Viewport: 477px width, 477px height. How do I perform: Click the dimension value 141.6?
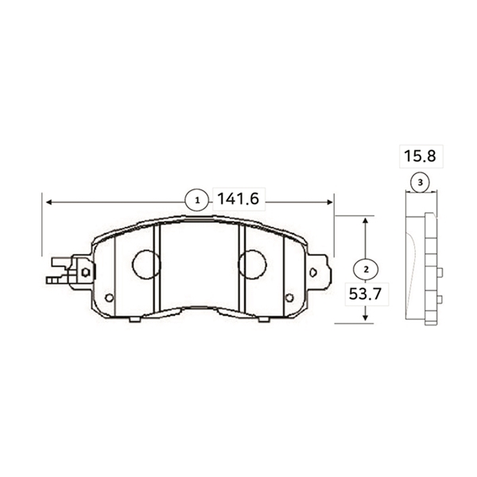[x=238, y=200]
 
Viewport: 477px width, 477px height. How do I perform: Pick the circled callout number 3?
[x=420, y=183]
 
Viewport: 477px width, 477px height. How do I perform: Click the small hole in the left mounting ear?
[x=85, y=272]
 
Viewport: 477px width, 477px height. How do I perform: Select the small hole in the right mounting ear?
[x=313, y=273]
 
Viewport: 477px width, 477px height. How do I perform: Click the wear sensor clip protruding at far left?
[x=57, y=270]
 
